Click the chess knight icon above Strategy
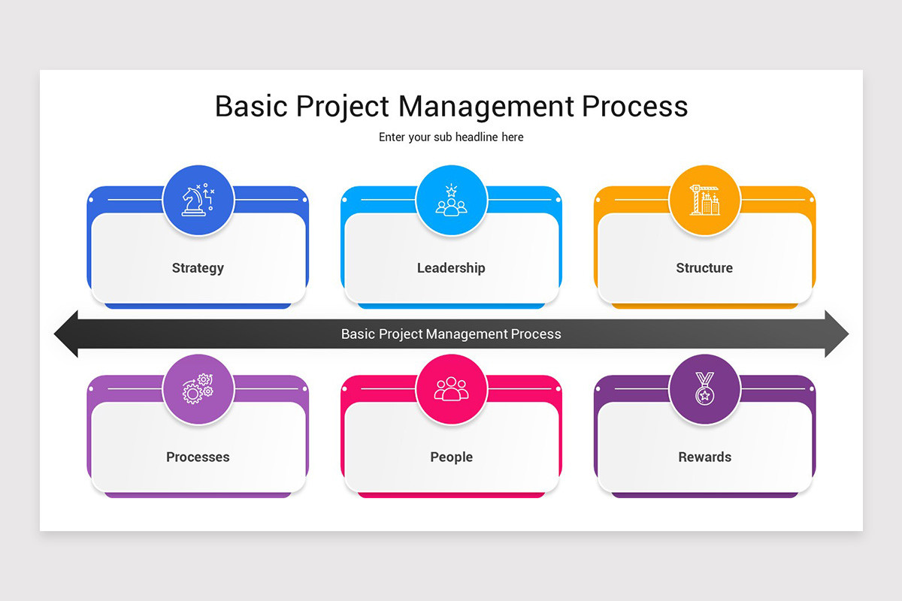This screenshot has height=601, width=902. point(198,201)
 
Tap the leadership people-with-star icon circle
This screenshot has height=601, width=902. point(451,201)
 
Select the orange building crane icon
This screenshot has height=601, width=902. point(704,201)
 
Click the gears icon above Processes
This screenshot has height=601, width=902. point(198,390)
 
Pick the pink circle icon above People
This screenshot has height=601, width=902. point(451,390)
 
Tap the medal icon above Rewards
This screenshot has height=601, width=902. point(704,390)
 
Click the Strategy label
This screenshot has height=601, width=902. point(198,268)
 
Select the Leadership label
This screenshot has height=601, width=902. point(451,268)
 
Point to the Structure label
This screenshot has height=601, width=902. point(704,268)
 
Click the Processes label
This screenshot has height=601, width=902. point(198,457)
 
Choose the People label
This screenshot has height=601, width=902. point(451,457)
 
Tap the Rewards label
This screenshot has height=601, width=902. point(704,457)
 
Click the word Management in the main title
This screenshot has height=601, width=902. point(486,107)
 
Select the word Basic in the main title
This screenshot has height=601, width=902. point(251,107)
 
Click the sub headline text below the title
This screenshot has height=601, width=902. point(451,137)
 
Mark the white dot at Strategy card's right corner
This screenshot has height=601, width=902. point(305,200)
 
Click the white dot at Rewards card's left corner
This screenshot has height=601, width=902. point(598,389)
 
